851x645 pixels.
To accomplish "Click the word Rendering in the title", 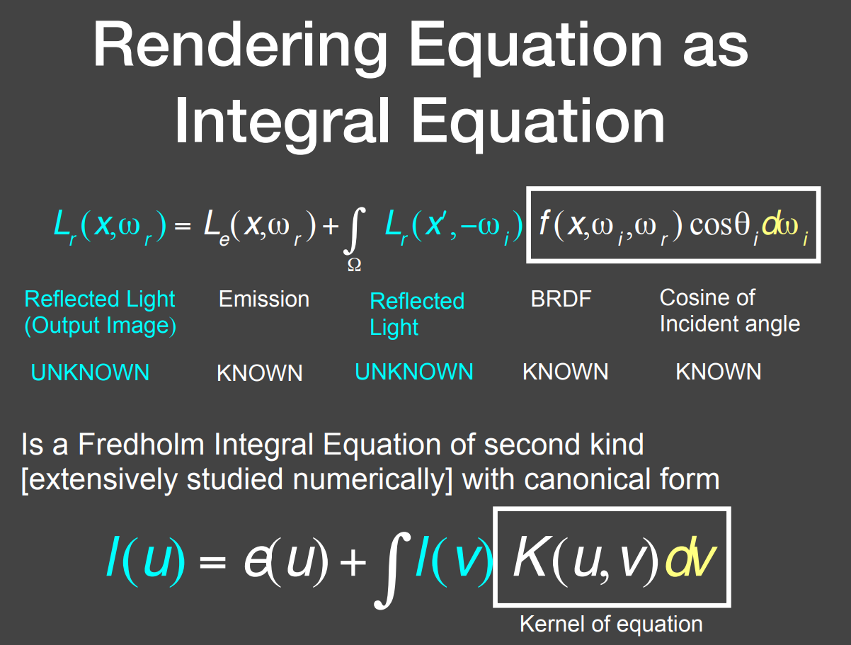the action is tap(241, 47).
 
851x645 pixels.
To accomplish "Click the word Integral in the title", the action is tap(282, 123).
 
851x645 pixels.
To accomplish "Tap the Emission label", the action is tap(264, 299).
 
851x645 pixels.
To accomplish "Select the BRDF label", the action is tap(561, 299).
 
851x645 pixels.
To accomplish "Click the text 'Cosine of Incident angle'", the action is tap(730, 311).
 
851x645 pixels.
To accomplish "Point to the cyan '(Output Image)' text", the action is tap(101, 325).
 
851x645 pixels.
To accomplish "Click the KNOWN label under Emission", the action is tap(259, 373).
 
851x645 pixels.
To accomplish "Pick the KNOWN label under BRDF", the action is tap(565, 371).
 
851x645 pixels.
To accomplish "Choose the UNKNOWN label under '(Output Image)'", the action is tap(90, 372).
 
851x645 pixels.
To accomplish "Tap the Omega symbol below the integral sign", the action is tap(355, 265).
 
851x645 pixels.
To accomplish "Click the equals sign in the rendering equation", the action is tap(183, 226).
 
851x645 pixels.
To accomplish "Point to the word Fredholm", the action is tap(141, 444).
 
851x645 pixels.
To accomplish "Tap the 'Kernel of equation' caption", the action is tap(611, 624).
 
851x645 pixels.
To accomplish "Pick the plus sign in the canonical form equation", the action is tap(353, 561).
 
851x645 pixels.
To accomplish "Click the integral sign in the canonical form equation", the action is tap(392, 570).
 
